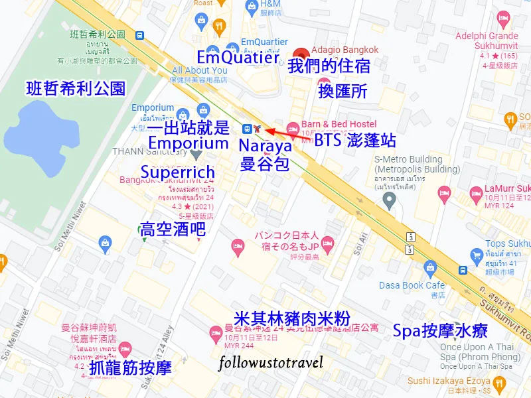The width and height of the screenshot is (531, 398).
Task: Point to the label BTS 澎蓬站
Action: point(355,141)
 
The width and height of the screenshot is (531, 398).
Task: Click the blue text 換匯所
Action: point(342,91)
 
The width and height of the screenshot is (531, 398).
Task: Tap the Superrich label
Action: point(178,172)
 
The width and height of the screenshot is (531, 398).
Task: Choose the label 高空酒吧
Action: point(171,230)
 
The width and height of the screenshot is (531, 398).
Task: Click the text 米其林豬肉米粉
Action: point(293,318)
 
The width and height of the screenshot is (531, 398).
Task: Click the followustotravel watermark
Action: point(271,362)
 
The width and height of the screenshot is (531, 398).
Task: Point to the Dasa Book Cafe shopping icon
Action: point(431,269)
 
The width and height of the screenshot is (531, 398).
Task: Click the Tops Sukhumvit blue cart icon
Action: point(476,255)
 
